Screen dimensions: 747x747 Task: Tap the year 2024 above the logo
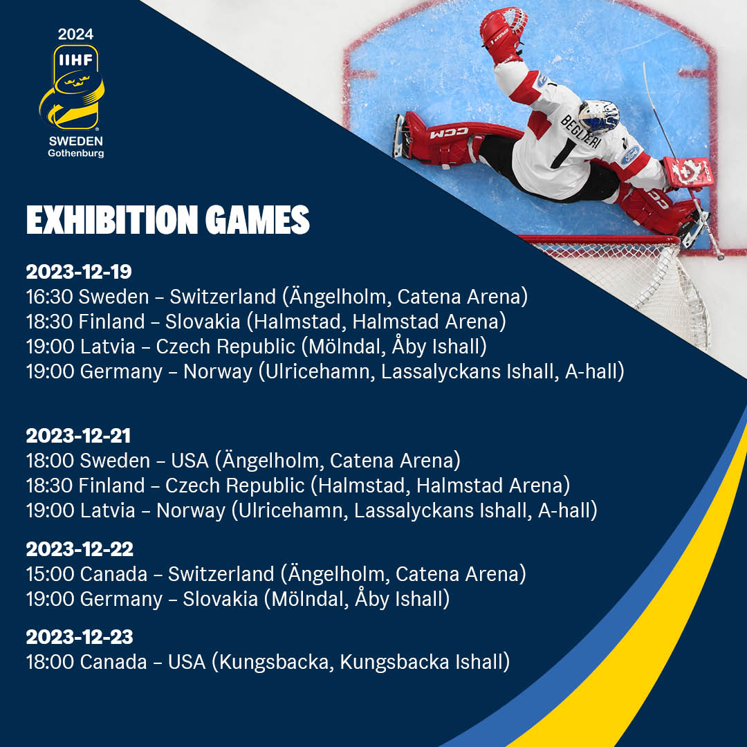(76, 35)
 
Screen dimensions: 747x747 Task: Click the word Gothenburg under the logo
(76, 154)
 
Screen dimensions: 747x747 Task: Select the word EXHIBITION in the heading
(112, 220)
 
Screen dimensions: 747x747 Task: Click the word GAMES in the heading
(258, 220)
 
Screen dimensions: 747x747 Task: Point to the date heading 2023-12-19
(79, 272)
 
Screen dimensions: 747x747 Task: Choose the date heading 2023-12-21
(78, 436)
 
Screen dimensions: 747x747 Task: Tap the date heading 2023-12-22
(80, 548)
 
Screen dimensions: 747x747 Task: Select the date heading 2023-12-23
(80, 637)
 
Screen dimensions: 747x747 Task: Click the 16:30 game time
(50, 296)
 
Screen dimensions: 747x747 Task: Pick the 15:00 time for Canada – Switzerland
(50, 573)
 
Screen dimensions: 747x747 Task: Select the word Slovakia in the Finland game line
(203, 322)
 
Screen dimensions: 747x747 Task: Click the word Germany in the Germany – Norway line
(121, 372)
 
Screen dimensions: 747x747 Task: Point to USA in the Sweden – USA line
(190, 461)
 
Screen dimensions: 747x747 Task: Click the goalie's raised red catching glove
(503, 33)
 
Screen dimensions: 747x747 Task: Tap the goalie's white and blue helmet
(599, 116)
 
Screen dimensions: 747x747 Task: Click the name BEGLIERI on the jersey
(580, 131)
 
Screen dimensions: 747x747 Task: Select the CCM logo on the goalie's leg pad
(449, 133)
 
